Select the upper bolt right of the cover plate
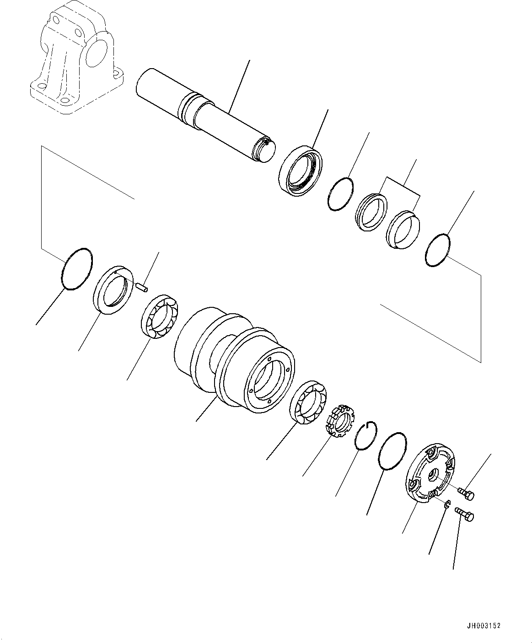click(x=468, y=494)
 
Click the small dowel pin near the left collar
click(x=143, y=287)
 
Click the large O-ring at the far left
click(x=76, y=269)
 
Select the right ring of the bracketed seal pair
click(x=403, y=230)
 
